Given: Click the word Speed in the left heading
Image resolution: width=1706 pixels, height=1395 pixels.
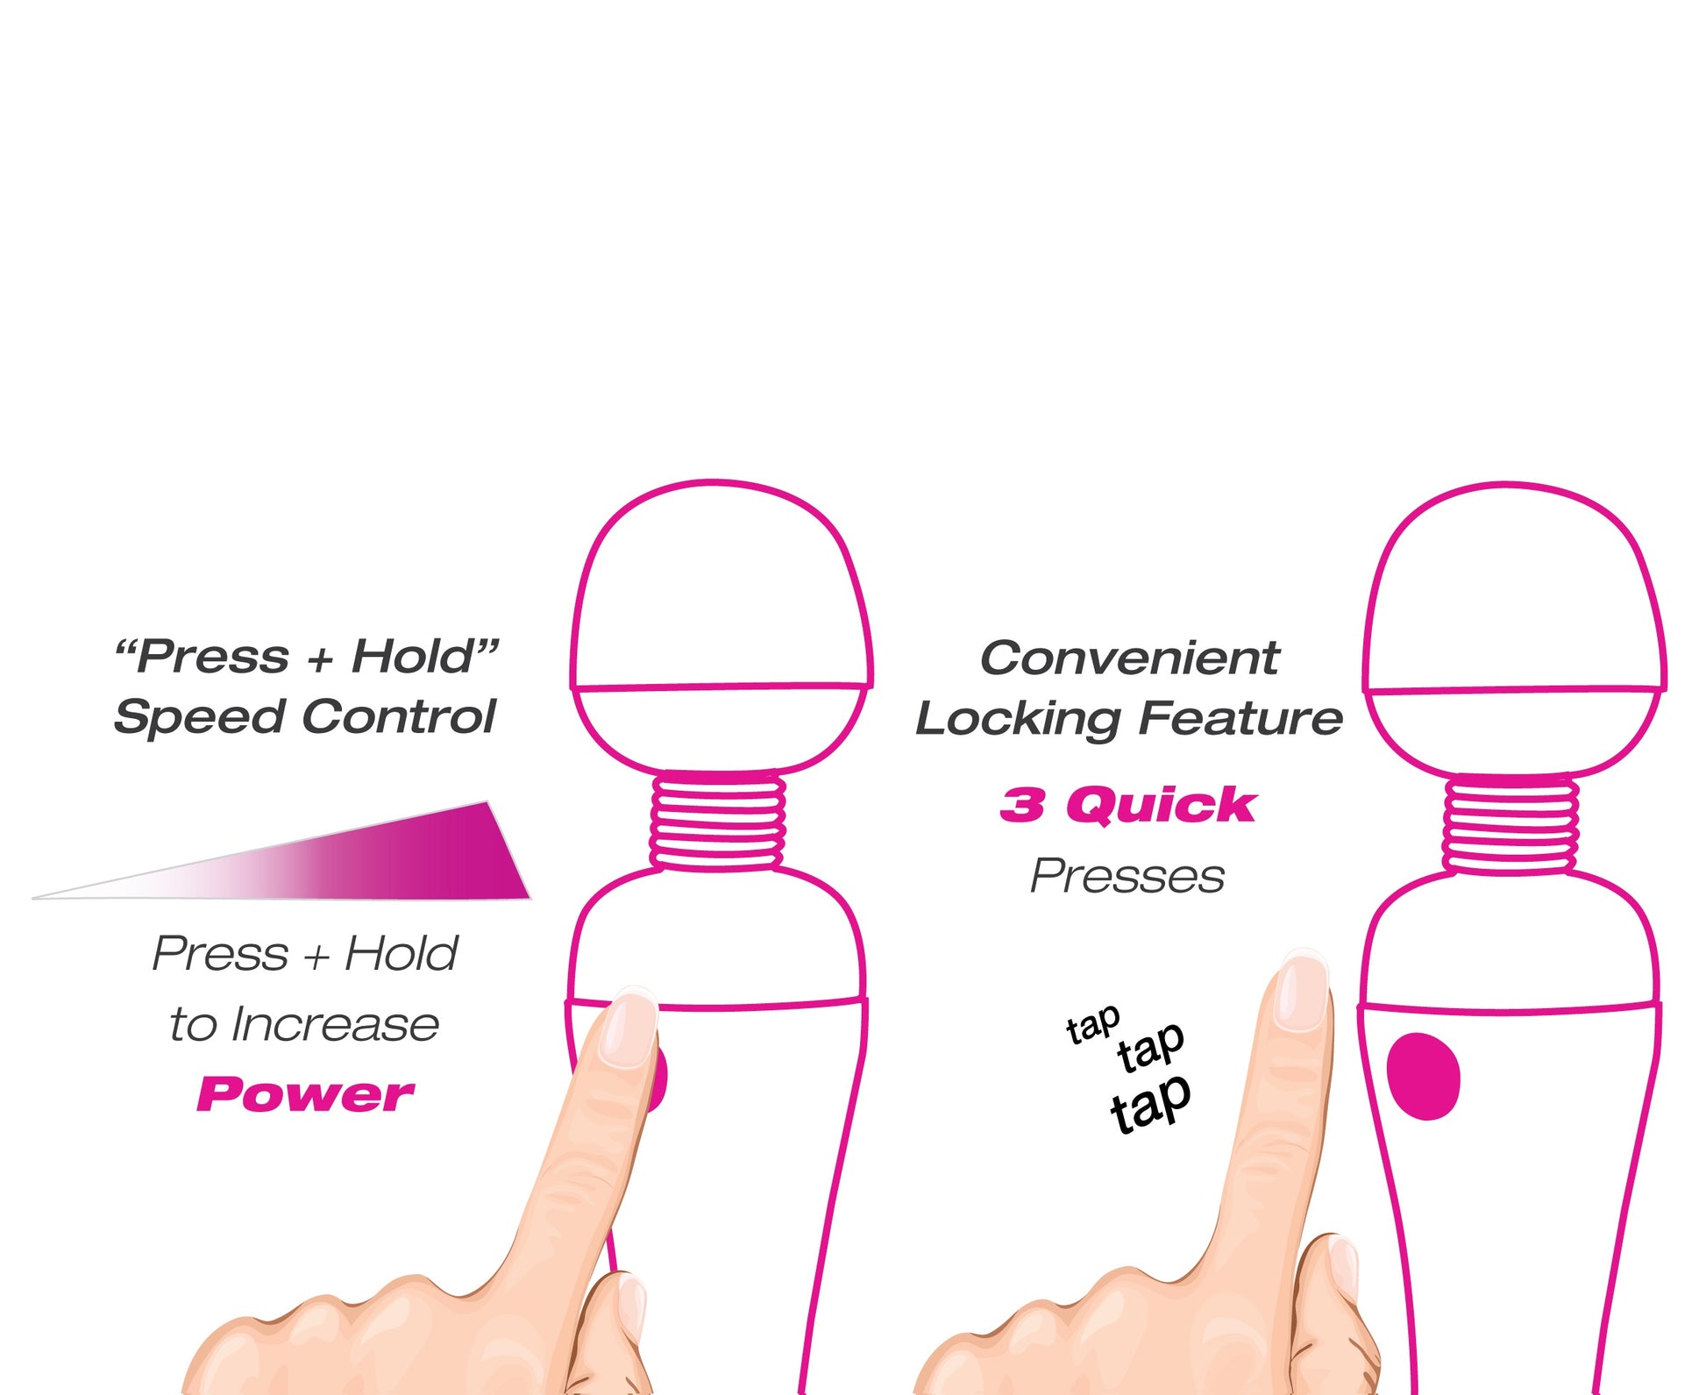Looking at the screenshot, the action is [x=199, y=718].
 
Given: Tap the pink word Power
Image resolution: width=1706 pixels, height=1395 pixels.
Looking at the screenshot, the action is [x=305, y=1093].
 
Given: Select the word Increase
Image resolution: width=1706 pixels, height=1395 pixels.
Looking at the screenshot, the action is [x=334, y=1023].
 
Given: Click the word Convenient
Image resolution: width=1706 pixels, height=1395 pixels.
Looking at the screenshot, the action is [x=1129, y=658].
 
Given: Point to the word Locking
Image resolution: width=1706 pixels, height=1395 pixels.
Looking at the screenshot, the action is [x=1018, y=720].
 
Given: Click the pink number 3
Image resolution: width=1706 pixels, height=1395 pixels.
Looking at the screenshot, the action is [x=1022, y=804].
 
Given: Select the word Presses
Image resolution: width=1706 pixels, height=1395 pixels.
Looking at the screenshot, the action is [x=1127, y=876].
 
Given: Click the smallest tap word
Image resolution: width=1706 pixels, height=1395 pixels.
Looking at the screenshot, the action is [x=1093, y=1025].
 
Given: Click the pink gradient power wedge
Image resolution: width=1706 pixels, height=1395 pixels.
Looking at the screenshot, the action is [x=351, y=864].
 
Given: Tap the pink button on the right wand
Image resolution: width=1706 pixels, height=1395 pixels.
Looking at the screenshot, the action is [x=1423, y=1076].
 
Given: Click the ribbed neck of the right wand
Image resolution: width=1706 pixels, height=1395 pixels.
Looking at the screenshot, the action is [x=1511, y=825].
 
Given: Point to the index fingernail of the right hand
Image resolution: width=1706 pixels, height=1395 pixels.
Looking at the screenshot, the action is [x=1302, y=993].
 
